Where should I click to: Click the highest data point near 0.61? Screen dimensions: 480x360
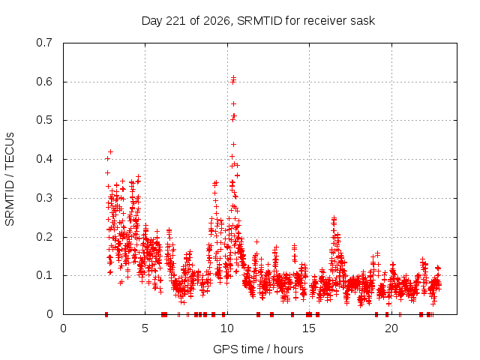click(233, 77)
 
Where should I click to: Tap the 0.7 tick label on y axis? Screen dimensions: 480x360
click(44, 43)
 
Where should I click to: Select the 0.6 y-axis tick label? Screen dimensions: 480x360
click(44, 82)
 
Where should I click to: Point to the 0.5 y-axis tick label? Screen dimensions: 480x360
click(44, 120)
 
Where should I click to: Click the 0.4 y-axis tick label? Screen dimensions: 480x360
click(44, 159)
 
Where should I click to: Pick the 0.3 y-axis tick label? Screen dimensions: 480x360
click(44, 198)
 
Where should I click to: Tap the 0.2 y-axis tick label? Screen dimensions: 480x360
click(44, 237)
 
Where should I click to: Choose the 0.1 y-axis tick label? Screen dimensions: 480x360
click(44, 275)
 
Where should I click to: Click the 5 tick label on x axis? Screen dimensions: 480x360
click(145, 328)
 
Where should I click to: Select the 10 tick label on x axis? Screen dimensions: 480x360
click(226, 328)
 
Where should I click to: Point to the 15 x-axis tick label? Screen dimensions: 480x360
click(309, 328)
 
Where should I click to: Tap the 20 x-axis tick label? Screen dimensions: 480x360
click(391, 328)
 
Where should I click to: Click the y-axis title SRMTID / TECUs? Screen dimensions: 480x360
click(10, 179)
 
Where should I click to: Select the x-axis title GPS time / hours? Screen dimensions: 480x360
click(258, 349)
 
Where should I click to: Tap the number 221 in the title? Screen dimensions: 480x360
click(175, 21)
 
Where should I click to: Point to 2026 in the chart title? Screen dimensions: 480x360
click(217, 21)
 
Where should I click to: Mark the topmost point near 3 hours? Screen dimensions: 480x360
click(110, 151)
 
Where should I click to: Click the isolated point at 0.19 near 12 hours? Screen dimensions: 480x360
click(256, 241)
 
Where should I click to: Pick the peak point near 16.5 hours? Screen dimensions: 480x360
click(334, 217)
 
